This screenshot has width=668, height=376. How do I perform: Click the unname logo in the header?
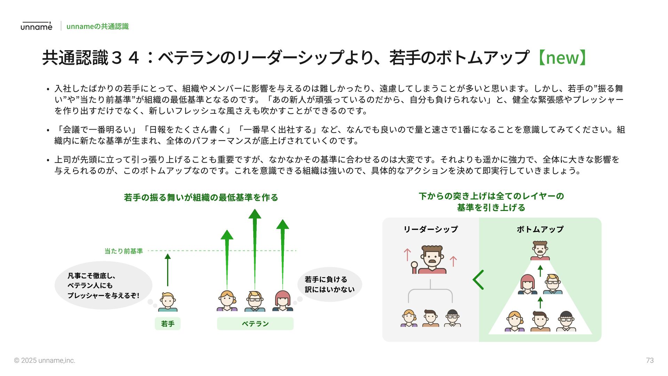coord(36,26)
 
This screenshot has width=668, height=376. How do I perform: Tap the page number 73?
coord(650,361)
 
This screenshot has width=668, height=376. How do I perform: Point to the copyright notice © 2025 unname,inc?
coord(45,361)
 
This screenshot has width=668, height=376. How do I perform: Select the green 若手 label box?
coord(167,324)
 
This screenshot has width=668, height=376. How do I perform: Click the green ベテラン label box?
coord(255,324)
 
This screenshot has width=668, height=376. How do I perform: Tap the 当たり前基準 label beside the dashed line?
coord(124,251)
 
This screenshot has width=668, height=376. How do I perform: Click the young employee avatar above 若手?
coord(168,302)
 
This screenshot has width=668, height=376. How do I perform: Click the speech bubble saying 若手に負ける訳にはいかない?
coord(329,284)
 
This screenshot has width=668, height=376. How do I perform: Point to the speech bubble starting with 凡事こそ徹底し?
coord(103,285)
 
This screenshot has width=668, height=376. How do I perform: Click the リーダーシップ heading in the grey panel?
coord(430,229)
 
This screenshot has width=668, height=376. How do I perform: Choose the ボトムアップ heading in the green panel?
coord(540,229)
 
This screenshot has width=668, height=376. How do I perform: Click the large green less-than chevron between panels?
coord(478,280)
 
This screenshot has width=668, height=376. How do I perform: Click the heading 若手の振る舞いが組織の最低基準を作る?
coord(201,198)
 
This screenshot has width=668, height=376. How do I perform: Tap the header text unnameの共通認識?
coord(97,26)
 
